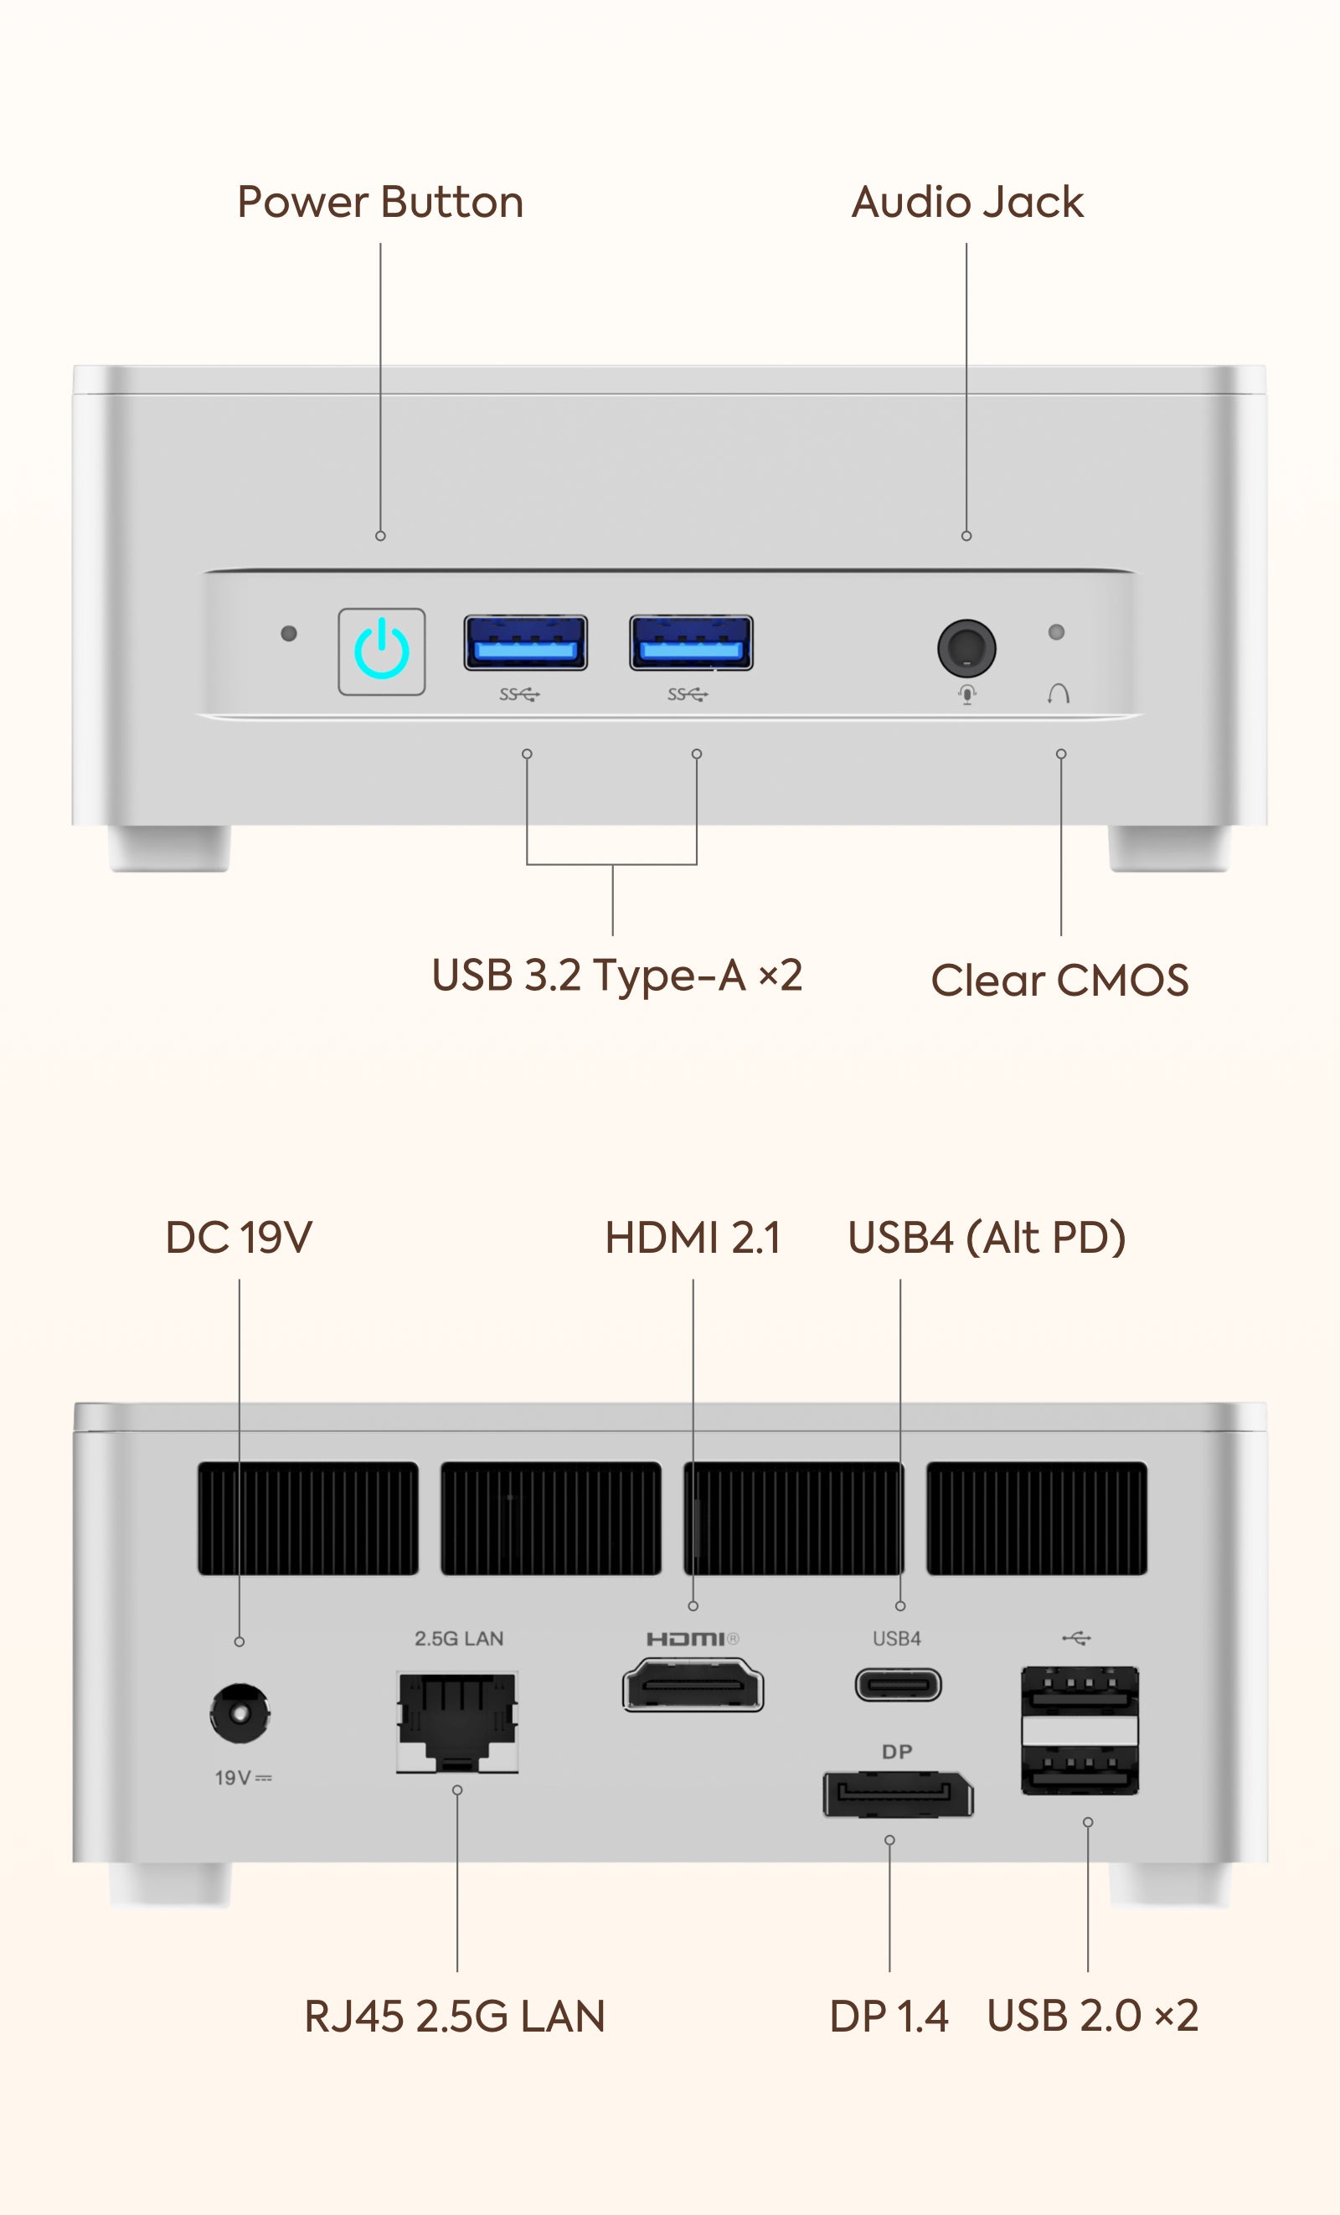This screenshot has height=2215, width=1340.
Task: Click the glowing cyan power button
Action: pos(381,651)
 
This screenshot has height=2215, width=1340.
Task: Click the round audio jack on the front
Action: pos(966,647)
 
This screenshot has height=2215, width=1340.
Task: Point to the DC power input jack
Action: pos(239,1713)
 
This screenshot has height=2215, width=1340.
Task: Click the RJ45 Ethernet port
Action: pos(457,1721)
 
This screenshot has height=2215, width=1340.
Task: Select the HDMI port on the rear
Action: pos(693,1686)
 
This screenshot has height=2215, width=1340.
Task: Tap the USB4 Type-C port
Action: pos(898,1685)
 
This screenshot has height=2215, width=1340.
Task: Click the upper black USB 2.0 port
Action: pos(1080,1690)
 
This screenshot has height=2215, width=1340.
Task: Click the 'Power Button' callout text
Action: pos(380,203)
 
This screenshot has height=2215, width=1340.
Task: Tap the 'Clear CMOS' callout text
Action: pos(1059,980)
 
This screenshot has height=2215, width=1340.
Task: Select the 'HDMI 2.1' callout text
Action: pos(693,1238)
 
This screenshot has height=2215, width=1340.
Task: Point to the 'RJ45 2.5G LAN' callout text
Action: pos(455,2017)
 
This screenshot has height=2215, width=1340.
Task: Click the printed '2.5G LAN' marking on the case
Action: pos(458,1638)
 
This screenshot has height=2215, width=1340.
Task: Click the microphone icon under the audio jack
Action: pos(967,694)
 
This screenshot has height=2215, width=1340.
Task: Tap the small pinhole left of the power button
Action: pos(288,634)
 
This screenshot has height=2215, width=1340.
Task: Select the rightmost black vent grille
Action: pos(1036,1517)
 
